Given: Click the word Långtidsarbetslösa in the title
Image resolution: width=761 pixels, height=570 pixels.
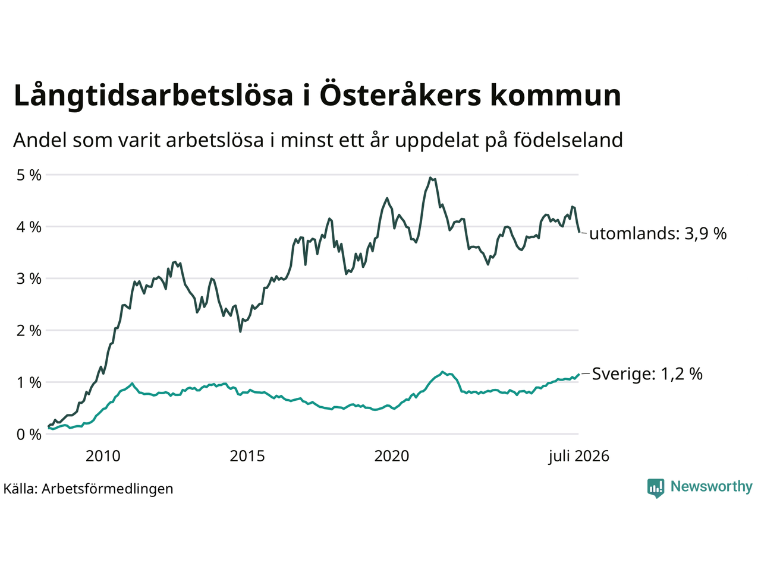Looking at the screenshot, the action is coord(153,96).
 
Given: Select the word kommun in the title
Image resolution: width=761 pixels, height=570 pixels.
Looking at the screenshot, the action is coord(555,95).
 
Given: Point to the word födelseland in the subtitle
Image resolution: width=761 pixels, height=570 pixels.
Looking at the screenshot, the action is coord(568,141).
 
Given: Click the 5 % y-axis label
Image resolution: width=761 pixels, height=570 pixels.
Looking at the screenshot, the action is coord(29,176).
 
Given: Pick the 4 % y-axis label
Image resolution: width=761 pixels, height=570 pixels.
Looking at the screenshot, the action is coord(29,227).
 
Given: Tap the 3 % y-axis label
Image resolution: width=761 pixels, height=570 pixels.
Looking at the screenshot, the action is coord(29,278).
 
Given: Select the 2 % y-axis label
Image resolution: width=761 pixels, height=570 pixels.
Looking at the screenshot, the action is coord(29,331).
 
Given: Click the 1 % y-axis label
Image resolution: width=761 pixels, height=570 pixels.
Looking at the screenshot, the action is coord(29,383).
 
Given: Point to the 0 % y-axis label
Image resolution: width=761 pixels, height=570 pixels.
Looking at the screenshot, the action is coord(29,435).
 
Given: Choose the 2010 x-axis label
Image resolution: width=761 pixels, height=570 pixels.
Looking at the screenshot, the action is coord(103,456).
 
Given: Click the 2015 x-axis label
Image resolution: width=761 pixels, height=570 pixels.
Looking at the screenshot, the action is coord(247,456).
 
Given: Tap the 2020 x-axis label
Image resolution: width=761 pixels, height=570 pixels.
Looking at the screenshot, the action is coord(392,456).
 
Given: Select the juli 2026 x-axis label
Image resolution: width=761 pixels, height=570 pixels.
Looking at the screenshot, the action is coord(578,457).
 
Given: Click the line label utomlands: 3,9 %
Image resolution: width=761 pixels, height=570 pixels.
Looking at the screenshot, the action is coord(658,234).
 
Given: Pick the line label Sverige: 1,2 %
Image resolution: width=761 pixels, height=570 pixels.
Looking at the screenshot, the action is coord(647,374).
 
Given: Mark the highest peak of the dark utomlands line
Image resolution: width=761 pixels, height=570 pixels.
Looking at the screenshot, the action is coord(430,178).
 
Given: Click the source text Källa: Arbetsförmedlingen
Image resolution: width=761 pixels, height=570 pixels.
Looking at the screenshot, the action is coord(89,489).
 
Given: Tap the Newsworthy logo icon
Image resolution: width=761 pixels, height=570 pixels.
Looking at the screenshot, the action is coord(656,488).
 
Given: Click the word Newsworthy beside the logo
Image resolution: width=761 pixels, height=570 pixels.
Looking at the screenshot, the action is coord(712,487).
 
